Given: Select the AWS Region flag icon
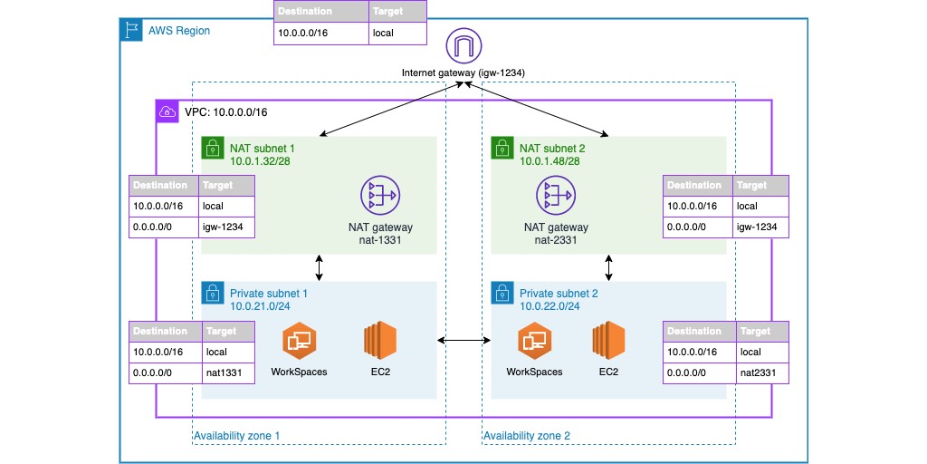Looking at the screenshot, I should point(132,30).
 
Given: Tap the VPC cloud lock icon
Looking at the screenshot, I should point(167,112).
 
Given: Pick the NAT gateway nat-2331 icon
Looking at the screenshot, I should point(553,195).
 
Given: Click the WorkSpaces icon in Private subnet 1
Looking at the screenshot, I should point(299,343).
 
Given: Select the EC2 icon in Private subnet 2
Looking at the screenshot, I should point(608,343).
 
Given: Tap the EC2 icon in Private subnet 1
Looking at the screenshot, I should point(380,343).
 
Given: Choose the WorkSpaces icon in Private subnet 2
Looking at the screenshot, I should point(534,343).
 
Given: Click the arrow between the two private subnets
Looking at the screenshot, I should point(463,341).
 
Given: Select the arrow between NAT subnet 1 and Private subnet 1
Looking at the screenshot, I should point(320,267).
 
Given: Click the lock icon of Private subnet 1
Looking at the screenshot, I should point(212,292).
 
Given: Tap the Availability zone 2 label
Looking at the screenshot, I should point(527,436).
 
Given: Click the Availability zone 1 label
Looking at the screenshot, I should point(237,436).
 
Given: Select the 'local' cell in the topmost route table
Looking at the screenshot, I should point(397,34).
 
